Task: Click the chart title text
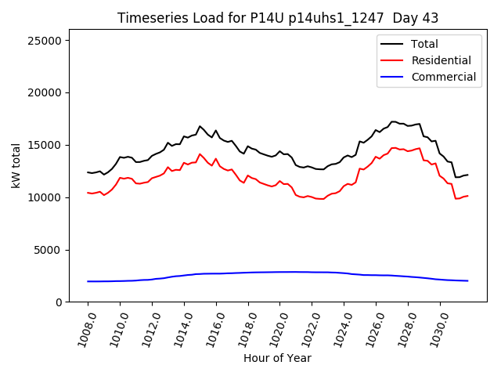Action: pos(278,18)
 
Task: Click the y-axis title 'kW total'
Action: pos(16,165)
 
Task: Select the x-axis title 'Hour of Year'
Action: pos(277,358)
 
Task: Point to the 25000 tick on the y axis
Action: pos(51,41)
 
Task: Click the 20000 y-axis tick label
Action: pos(51,93)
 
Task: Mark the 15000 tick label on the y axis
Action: pos(51,145)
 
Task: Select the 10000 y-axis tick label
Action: pos(51,197)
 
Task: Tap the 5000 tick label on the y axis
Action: pos(54,250)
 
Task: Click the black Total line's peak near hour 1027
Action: pos(393,121)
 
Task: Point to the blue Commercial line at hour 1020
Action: pos(280,272)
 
